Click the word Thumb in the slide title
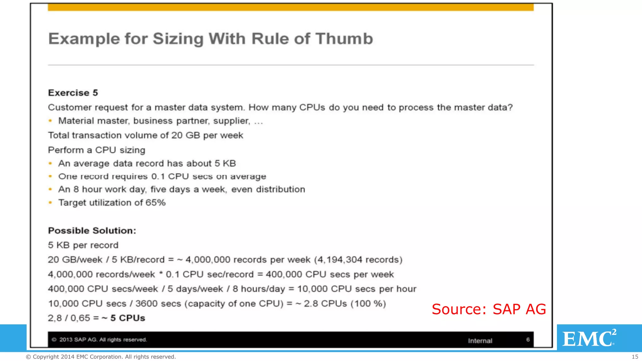(x=344, y=39)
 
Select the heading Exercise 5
(x=73, y=93)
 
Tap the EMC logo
(x=589, y=338)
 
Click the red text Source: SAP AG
(x=489, y=309)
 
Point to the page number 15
(x=635, y=357)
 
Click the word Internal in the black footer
(x=480, y=341)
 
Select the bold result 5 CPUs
(x=128, y=318)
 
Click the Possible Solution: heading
(x=92, y=231)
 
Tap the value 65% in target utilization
(x=155, y=202)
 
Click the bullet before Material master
(x=50, y=121)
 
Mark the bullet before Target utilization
(x=50, y=202)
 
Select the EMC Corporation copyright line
(x=101, y=357)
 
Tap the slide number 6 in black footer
(x=528, y=340)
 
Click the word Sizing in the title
(x=178, y=39)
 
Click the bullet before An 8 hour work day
(x=50, y=189)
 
